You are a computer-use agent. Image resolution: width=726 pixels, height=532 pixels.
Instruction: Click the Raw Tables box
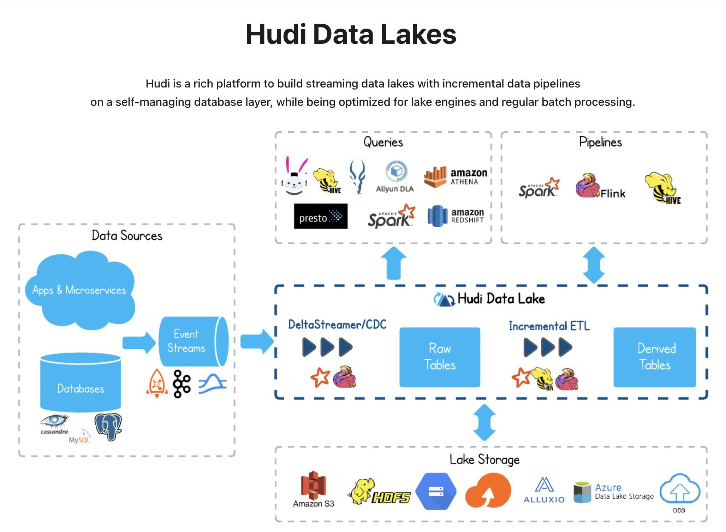pos(440,357)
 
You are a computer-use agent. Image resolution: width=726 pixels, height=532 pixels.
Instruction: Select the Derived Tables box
pos(655,357)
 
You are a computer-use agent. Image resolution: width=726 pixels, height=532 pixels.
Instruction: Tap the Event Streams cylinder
pos(194,341)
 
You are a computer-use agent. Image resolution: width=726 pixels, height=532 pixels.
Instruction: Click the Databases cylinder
pos(81,382)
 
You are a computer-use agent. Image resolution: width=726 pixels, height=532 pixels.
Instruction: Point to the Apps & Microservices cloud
pos(80,290)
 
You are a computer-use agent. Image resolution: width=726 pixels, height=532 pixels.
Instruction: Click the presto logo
pos(321,216)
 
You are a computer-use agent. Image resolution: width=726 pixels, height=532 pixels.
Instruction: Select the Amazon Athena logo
pos(456,177)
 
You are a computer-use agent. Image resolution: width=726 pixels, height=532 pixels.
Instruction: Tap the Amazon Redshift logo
pos(456,216)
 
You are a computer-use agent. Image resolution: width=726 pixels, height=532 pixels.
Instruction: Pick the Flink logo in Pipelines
pos(600,186)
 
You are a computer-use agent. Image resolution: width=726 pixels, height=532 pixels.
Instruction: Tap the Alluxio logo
pos(544,490)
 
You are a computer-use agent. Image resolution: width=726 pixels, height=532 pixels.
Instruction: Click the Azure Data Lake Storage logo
pos(613,492)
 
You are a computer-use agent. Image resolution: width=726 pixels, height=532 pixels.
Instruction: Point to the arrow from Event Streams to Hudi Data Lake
pos(257,341)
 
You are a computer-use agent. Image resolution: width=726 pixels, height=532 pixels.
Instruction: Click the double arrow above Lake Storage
pos(484,423)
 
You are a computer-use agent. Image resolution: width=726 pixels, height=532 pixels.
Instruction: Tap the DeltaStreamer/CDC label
pos(337,324)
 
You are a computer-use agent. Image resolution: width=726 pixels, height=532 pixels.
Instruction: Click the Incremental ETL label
pos(549,326)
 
